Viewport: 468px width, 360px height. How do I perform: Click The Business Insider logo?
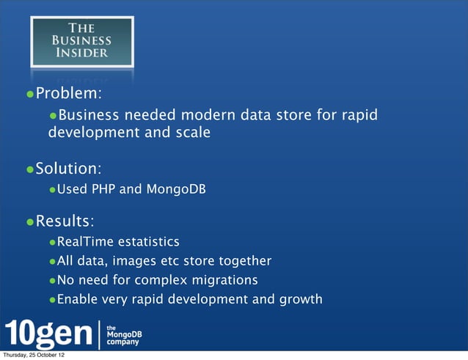coord(81,42)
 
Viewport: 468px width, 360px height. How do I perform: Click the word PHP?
coord(103,190)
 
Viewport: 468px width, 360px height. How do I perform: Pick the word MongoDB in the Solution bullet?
coord(176,190)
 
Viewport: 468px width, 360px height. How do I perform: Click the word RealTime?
coord(84,241)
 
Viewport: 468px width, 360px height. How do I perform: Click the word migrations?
coord(224,279)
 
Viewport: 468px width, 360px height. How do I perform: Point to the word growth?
coord(299,298)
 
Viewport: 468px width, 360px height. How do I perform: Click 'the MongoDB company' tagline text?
coord(125,334)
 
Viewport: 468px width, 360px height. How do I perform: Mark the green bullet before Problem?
coord(30,95)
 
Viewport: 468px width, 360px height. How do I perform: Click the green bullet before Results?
coord(30,221)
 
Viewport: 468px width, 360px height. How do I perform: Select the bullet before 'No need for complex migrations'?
coord(52,280)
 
